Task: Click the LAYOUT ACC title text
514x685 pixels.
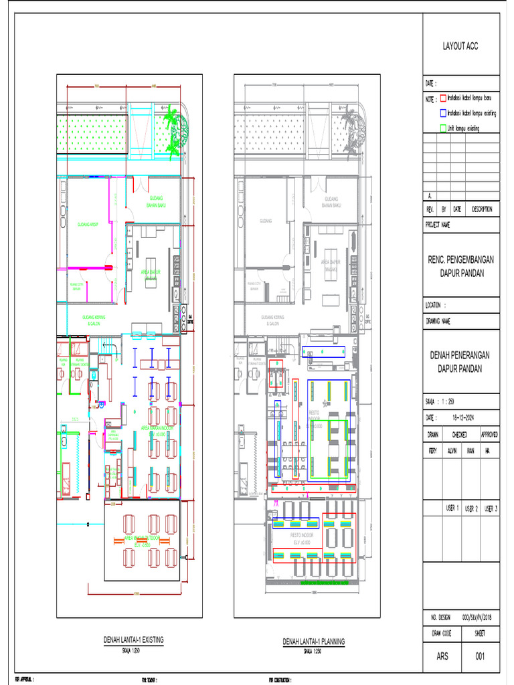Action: pyautogui.click(x=460, y=46)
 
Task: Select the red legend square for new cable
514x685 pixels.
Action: pyautogui.click(x=442, y=98)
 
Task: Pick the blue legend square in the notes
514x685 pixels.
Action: pyautogui.click(x=442, y=113)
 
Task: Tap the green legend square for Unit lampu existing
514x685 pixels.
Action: pyautogui.click(x=442, y=128)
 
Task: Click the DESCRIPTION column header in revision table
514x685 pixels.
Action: pyautogui.click(x=481, y=209)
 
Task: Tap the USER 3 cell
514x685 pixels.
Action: pyautogui.click(x=491, y=509)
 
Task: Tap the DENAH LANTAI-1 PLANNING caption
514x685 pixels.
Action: pyautogui.click(x=313, y=642)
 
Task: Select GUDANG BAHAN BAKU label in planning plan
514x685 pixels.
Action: pyautogui.click(x=331, y=201)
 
